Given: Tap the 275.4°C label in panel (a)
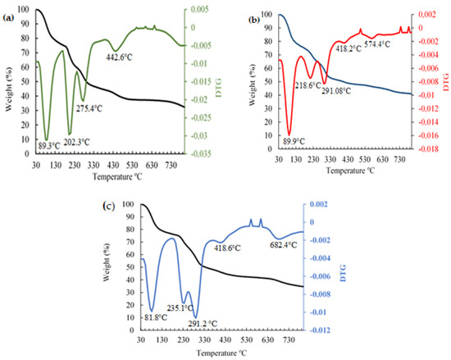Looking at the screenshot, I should (x=93, y=107).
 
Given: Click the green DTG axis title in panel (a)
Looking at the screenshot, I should (x=220, y=92).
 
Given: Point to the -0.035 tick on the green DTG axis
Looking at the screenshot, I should (x=201, y=153).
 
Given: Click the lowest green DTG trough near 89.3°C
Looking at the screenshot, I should (x=47, y=139).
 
